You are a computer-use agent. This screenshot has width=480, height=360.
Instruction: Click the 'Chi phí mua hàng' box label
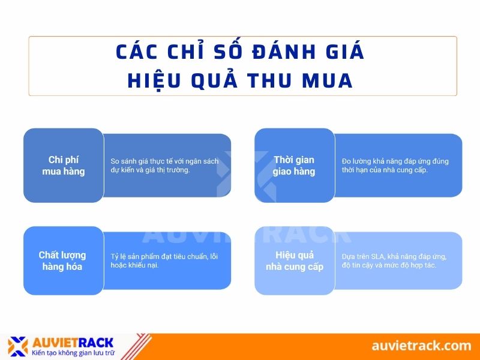[x=64, y=166]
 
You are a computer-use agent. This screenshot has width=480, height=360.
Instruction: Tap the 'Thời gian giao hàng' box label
[x=294, y=166]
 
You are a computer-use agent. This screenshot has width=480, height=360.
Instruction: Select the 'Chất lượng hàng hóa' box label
[x=62, y=261]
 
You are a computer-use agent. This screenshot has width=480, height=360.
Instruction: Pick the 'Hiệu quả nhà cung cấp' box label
[x=295, y=261]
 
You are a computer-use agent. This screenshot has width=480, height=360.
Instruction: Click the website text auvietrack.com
[x=421, y=345]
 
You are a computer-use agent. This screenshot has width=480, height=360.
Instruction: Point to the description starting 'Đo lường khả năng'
[x=395, y=166]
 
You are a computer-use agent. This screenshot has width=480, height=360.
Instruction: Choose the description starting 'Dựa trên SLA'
[x=394, y=261]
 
